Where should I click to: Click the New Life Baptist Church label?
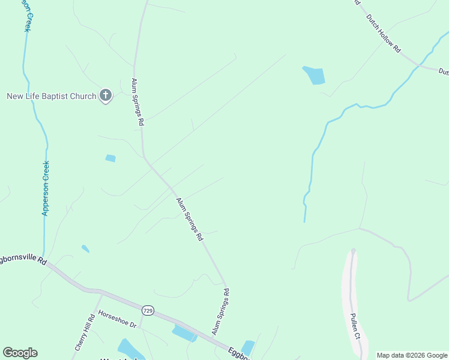coord(51,96)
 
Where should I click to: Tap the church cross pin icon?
coord(106,95)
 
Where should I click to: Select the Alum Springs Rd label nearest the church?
coord(137,101)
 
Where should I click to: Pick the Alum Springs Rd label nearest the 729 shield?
coord(220,311)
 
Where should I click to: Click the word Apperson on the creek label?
coord(46,197)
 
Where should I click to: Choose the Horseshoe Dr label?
coord(118,319)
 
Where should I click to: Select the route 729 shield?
coord(148,310)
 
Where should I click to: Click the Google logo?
coord(20,353)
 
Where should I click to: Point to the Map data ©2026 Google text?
coord(412,355)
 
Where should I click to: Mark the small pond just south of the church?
coord(110,158)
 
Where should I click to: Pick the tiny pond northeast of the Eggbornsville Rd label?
coord(85,248)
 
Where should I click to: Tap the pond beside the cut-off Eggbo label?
coord(247,347)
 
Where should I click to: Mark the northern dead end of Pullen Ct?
coord(353,251)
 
